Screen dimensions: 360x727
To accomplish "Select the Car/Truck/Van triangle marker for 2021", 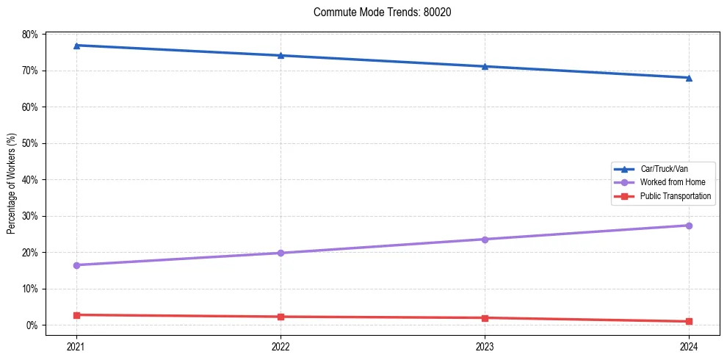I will [x=76, y=46].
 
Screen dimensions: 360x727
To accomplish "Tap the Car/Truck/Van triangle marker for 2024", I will [x=689, y=77].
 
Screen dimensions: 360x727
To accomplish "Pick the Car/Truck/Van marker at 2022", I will [x=281, y=56].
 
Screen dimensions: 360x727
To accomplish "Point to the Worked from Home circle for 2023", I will [x=485, y=240].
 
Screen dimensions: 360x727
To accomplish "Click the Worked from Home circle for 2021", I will [x=76, y=265].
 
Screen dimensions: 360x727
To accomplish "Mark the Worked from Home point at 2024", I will [x=689, y=226].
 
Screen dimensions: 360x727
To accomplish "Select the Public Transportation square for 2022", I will [x=281, y=317].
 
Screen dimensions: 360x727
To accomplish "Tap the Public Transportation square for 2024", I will [x=689, y=321].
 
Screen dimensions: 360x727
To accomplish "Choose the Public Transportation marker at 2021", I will [x=76, y=315].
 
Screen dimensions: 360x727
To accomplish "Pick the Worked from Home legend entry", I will [x=672, y=182].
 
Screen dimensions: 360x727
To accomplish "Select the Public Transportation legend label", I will [x=675, y=196].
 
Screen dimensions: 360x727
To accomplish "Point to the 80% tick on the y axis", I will [x=30, y=35].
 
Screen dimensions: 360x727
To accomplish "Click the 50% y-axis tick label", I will [x=30, y=143].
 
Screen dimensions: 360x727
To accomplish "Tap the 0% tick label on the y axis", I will [x=32, y=325].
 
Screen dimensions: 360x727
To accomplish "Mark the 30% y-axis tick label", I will [x=30, y=216].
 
